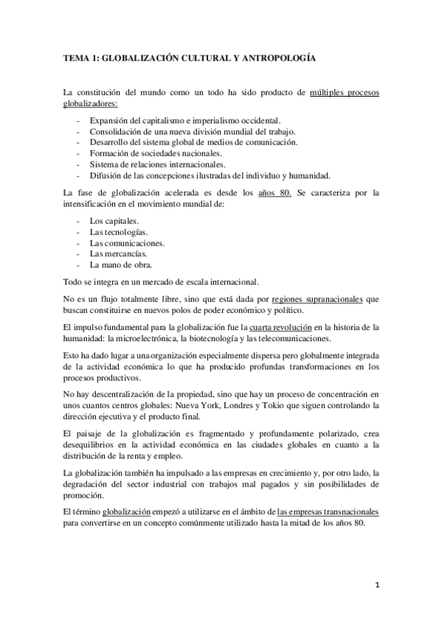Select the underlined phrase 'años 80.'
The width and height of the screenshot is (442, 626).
coord(277,193)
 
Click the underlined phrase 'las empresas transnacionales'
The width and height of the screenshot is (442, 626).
coord(328,511)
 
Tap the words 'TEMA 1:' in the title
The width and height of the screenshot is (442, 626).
coord(80,56)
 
